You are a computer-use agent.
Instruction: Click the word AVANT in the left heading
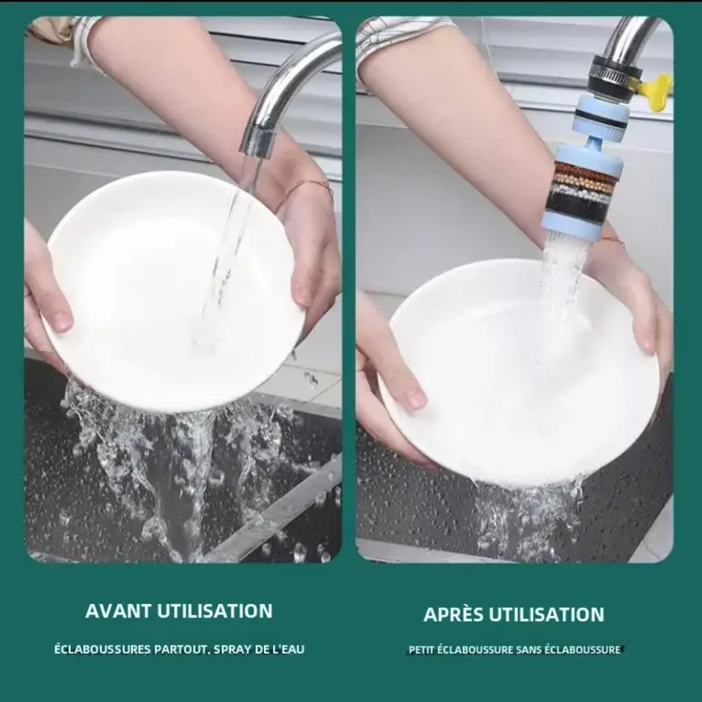tap(118, 611)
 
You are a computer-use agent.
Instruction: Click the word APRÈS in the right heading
tap(453, 614)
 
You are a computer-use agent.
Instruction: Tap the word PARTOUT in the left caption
tap(182, 649)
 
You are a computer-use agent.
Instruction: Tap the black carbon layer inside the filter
tap(578, 206)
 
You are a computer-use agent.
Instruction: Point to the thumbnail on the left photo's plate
tap(62, 320)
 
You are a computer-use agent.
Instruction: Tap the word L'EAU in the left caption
tap(289, 649)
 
